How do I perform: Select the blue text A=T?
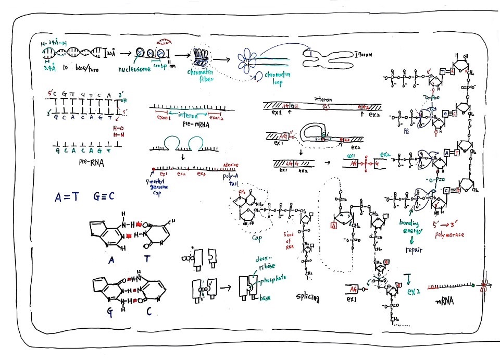tap(69, 196)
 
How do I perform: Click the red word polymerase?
tap(448, 234)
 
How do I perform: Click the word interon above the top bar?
tap(323, 98)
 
